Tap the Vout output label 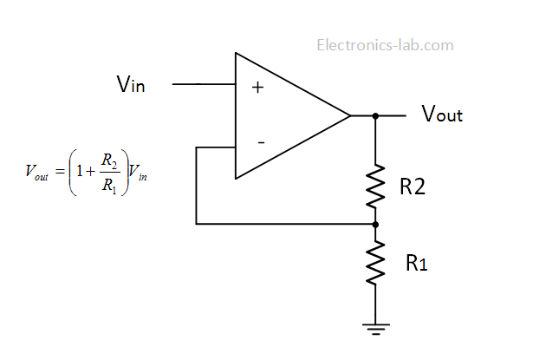(x=441, y=115)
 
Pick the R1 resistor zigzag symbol (x=375, y=264)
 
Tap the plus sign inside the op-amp (x=257, y=87)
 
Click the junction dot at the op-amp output (x=375, y=115)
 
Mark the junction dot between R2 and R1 (x=375, y=224)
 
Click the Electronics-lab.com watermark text (x=385, y=45)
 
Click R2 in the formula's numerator (x=107, y=159)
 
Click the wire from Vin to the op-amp (x=204, y=85)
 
